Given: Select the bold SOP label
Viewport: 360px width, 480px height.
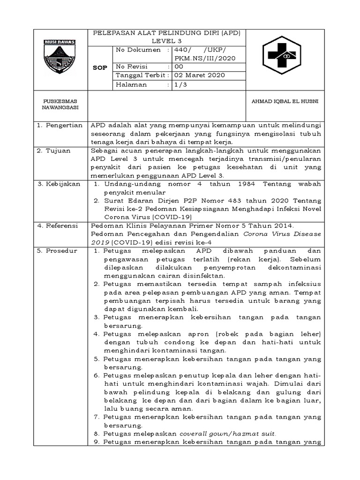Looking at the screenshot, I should (x=100, y=67).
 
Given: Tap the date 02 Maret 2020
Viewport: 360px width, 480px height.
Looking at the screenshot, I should (x=199, y=75).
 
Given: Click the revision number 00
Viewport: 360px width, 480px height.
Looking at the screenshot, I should (x=180, y=67).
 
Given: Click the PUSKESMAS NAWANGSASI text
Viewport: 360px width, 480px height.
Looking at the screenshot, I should (x=60, y=104).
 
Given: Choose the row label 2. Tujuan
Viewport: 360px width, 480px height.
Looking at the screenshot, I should (x=55, y=151).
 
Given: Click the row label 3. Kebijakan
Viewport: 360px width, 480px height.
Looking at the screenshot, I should (x=60, y=184).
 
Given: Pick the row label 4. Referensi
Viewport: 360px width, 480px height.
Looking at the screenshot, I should (x=60, y=225).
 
